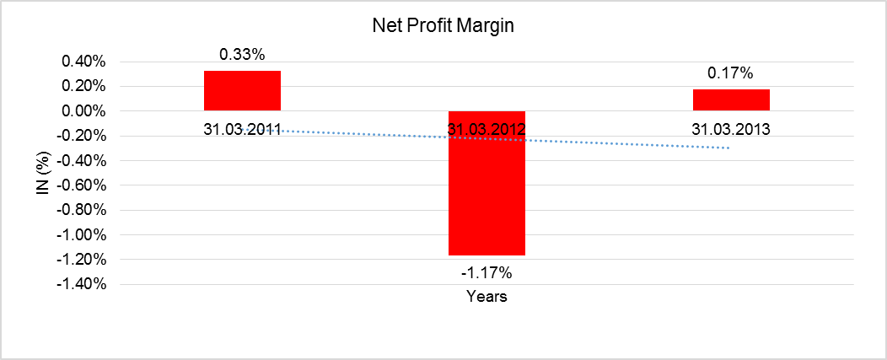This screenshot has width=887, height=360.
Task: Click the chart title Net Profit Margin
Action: point(443,26)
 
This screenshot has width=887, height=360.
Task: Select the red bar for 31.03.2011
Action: point(242,90)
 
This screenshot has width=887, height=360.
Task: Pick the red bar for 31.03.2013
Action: point(731,99)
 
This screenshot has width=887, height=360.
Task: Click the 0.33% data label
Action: point(242,55)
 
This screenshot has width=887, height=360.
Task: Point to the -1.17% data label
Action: point(487,272)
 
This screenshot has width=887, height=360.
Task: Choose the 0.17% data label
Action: point(731,73)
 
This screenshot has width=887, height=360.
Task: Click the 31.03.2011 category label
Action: point(242,130)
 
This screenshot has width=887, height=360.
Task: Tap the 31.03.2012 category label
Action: point(487,130)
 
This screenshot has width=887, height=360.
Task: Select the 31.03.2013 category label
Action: point(731,130)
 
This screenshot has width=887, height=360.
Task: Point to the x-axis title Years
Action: point(487,297)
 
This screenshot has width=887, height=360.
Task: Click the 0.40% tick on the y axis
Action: point(83,62)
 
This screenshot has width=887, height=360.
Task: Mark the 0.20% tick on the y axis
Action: point(83,87)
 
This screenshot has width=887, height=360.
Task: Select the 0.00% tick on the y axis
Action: point(83,111)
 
